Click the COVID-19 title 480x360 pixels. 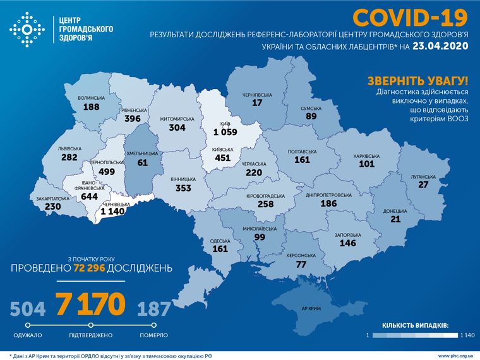(x=411, y=16)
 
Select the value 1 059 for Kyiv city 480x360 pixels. (x=224, y=133)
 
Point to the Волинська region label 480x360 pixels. (x=91, y=99)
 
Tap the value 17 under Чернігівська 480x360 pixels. (x=256, y=103)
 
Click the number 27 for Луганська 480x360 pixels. (x=424, y=184)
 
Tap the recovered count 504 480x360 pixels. (x=28, y=309)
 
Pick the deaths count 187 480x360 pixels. (x=153, y=309)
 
